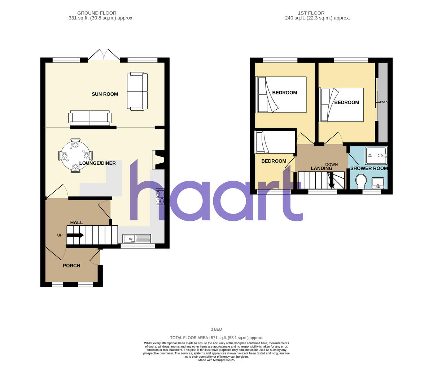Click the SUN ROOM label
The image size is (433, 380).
(105, 94)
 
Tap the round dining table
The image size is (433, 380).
(75, 156)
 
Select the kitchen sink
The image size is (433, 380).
(137, 238)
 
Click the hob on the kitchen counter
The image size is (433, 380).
(160, 197)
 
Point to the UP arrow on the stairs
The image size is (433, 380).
(75, 235)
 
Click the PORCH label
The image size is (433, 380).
(71, 266)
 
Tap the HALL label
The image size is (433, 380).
(76, 222)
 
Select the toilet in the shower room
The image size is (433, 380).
(360, 181)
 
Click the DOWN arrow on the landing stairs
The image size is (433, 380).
(331, 181)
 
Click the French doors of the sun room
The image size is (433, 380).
(104, 55)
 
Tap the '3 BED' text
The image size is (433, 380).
(216, 329)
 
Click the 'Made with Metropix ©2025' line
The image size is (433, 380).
(216, 360)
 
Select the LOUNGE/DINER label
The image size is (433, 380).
(97, 163)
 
